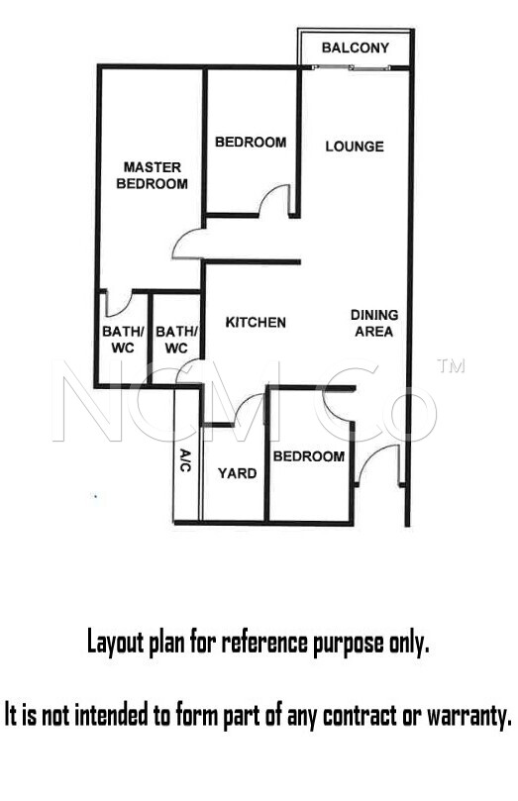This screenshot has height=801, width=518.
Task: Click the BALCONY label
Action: pos(356,48)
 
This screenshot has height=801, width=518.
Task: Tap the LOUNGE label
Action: pos(355,147)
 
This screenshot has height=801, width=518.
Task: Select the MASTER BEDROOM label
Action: pos(153,175)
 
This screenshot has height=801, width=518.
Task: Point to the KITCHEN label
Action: pos(256,323)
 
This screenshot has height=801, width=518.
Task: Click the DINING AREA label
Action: pos(374,324)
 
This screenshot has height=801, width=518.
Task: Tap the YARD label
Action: pos(237,473)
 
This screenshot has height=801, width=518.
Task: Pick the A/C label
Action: pos(185,460)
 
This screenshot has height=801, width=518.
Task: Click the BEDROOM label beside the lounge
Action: pos(251,142)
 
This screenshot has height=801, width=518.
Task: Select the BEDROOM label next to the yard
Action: pos(309,456)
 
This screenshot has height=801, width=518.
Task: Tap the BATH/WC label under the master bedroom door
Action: pos(123,340)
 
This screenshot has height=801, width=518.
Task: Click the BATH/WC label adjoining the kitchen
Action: pos(176,340)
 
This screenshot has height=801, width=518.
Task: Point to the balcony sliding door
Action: pos(352,67)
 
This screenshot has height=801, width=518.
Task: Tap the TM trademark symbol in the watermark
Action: pos(451,365)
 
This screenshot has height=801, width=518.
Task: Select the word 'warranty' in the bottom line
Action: pos(469,715)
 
